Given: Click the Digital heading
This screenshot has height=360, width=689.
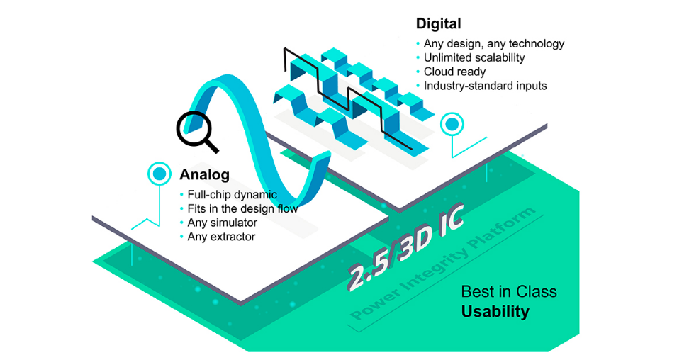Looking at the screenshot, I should [x=439, y=23].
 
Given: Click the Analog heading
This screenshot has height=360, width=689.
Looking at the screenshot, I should [x=205, y=174].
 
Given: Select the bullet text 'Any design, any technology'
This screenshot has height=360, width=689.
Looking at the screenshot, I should [x=494, y=43].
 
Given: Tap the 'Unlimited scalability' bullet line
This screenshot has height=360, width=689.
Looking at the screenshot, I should [x=474, y=57].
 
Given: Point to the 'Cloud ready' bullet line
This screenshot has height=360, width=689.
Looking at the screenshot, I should [x=454, y=72].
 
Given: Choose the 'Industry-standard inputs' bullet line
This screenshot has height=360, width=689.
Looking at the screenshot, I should [x=486, y=86].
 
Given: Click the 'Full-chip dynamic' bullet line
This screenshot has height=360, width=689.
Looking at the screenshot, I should [x=232, y=194].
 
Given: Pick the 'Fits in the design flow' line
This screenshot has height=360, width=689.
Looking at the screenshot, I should [x=242, y=208].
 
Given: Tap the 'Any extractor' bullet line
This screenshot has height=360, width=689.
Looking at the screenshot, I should [x=221, y=237].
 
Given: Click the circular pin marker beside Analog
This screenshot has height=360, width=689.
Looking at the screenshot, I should [x=159, y=174].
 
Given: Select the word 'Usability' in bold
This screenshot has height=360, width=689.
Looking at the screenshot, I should [x=495, y=311].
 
